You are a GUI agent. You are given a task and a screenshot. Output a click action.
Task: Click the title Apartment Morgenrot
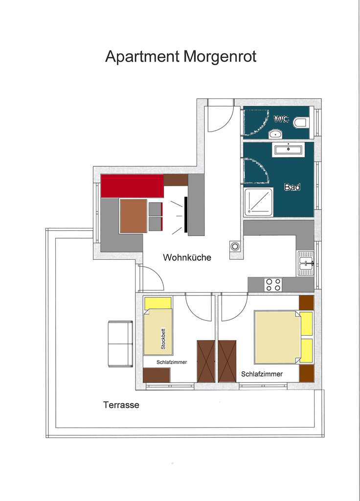pyautogui.click(x=181, y=57)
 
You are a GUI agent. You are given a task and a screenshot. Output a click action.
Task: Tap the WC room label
pyautogui.click(x=281, y=119)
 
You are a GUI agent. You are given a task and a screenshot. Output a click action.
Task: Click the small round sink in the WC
pyautogui.click(x=275, y=134)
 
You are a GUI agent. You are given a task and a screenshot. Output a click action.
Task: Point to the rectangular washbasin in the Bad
pyautogui.click(x=288, y=150)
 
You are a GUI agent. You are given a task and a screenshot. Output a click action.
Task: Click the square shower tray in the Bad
pyautogui.click(x=258, y=202)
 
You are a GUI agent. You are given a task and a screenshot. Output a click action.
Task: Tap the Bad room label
pyautogui.click(x=292, y=187)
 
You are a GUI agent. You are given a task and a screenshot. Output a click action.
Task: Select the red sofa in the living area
pyautogui.click(x=132, y=185)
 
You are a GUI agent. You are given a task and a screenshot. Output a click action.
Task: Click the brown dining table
pyautogui.click(x=134, y=216)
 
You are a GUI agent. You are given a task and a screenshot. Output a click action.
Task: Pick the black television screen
pyautogui.click(x=185, y=214)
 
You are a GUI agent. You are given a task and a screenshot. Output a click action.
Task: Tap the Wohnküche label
pyautogui.click(x=187, y=257)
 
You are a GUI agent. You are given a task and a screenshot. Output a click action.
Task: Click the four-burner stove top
pyautogui.click(x=273, y=285)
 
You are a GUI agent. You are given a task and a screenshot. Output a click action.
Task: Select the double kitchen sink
pyautogui.click(x=306, y=263)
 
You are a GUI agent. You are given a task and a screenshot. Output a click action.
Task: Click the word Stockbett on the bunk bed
pyautogui.click(x=163, y=339)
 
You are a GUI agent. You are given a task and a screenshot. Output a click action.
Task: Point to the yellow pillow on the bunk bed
pyautogui.click(x=158, y=303)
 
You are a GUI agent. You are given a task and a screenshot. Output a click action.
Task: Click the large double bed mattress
pyautogui.click(x=277, y=337)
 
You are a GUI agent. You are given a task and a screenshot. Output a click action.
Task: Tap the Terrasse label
pyautogui.click(x=121, y=405)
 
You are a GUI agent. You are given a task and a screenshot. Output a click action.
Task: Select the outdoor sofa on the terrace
pyautogui.click(x=120, y=344)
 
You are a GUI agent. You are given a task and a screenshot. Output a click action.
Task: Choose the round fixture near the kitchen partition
pyautogui.click(x=235, y=247)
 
